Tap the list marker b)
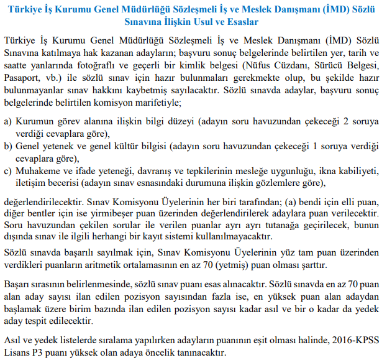9,146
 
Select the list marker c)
9,172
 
